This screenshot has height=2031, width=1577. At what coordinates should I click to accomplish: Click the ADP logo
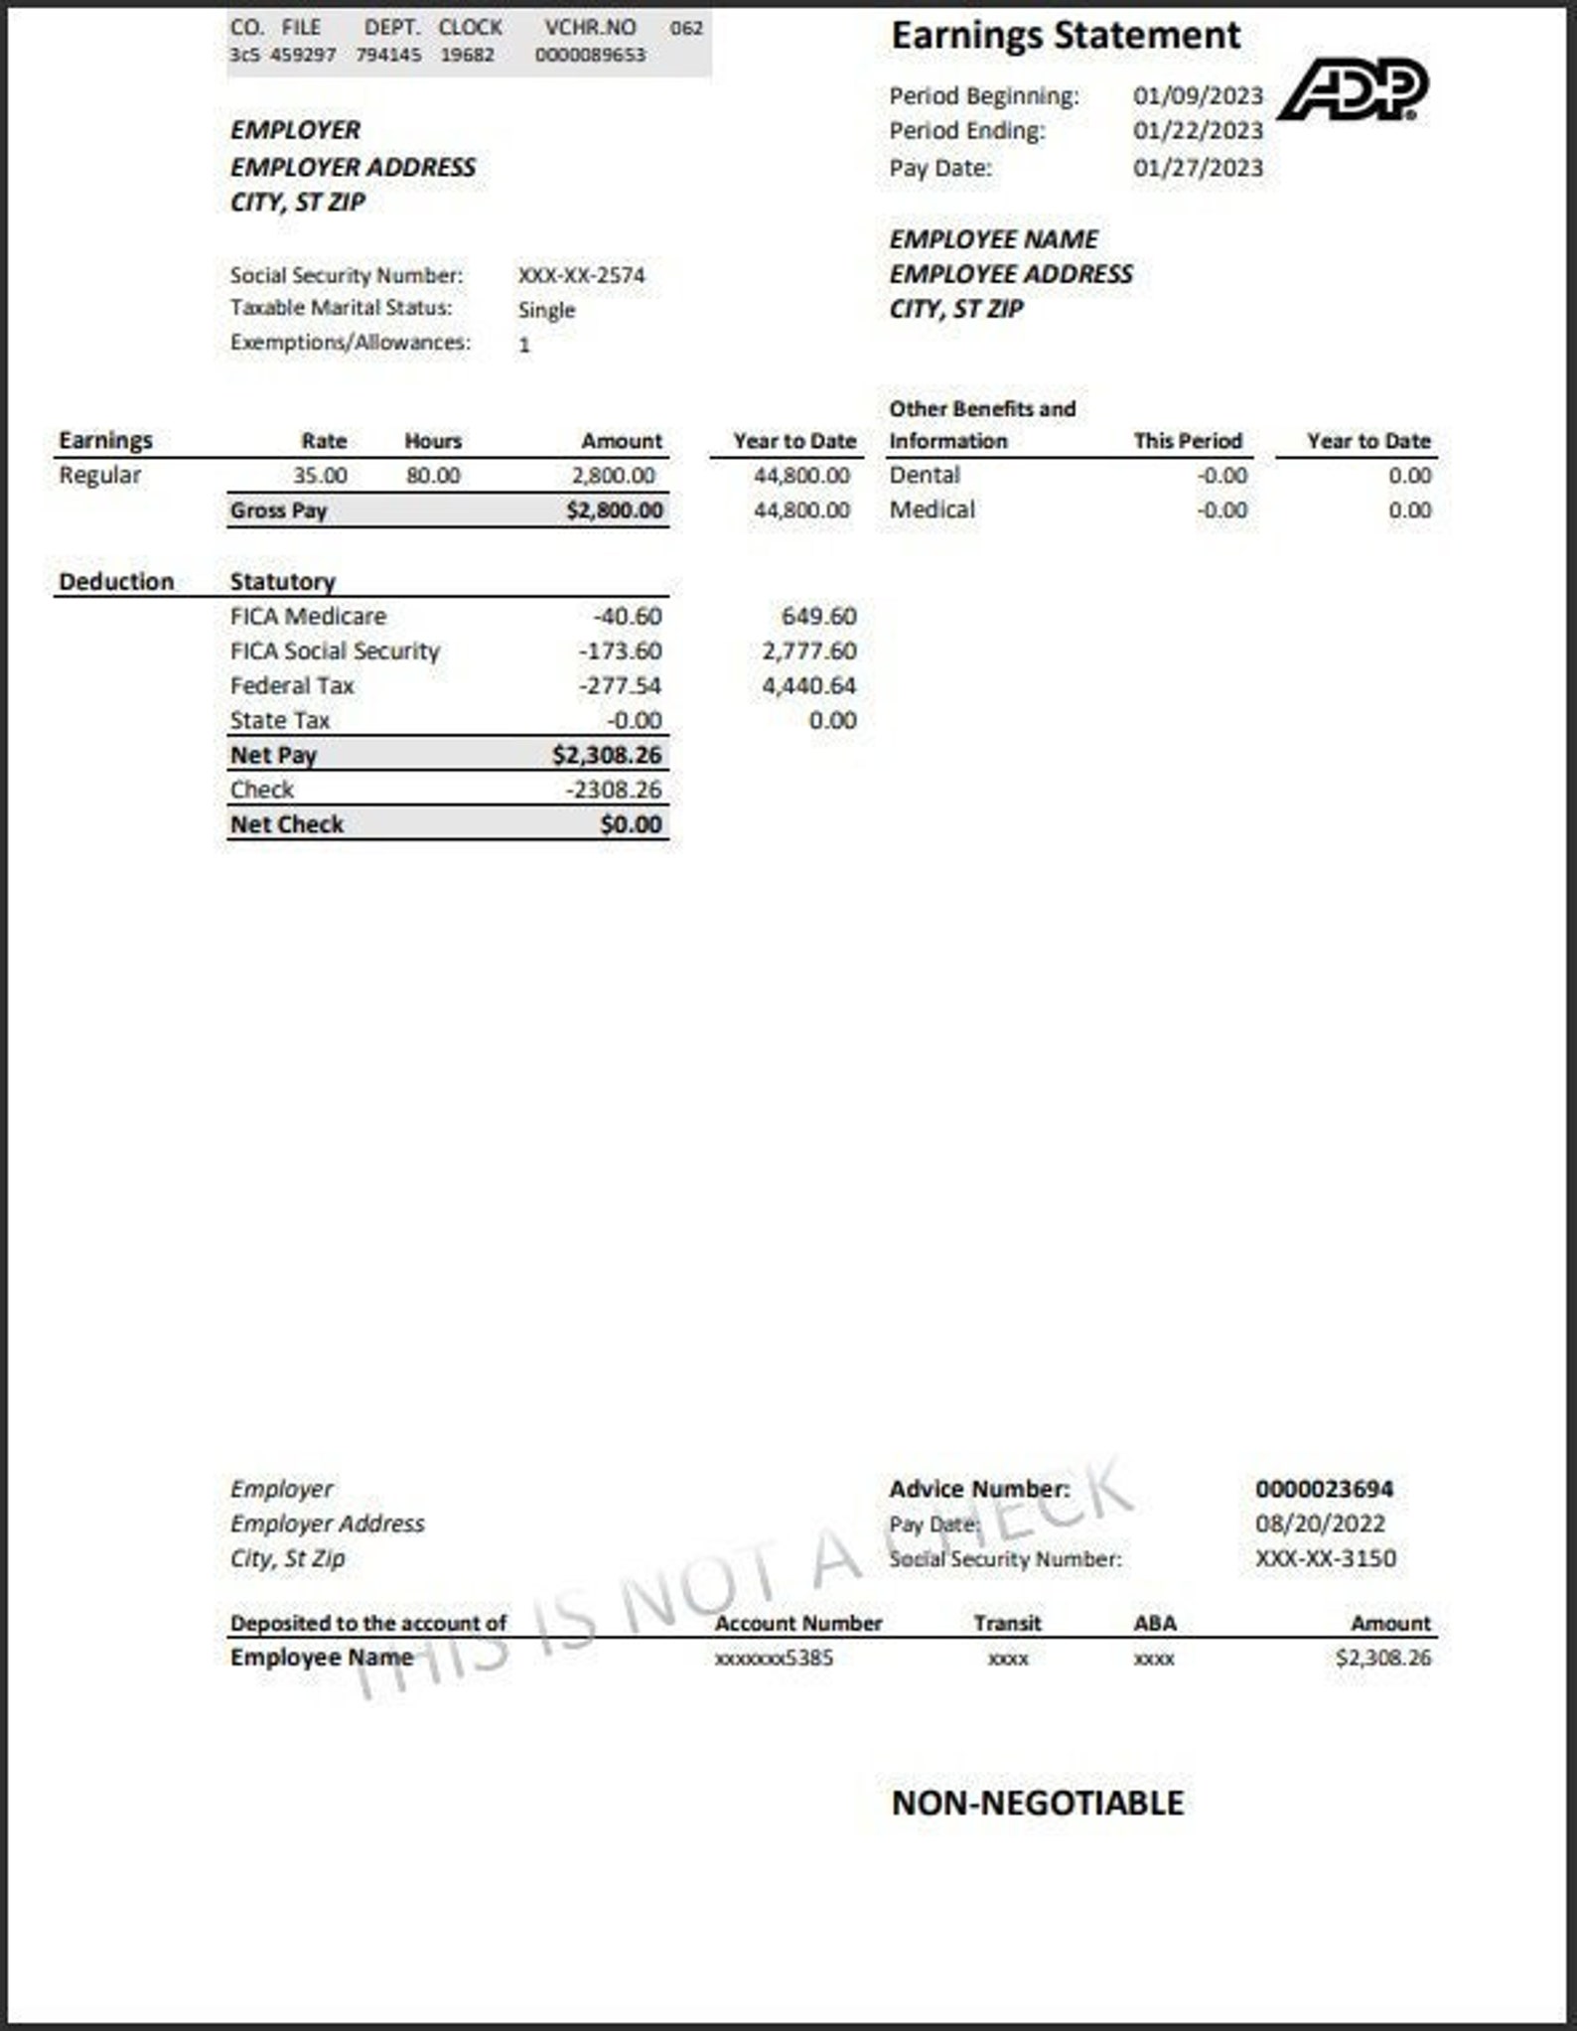[x=1353, y=89]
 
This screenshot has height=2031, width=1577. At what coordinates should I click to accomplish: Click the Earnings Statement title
[x=1065, y=36]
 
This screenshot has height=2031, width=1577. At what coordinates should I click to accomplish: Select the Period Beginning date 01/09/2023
[x=1198, y=96]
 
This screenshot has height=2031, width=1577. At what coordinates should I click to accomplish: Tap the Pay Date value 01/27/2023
[x=1198, y=168]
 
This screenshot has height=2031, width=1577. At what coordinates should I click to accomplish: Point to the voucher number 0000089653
[x=590, y=55]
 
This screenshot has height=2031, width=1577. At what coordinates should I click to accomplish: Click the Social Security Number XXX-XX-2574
[x=581, y=275]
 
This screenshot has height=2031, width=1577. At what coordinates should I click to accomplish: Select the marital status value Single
[x=546, y=310]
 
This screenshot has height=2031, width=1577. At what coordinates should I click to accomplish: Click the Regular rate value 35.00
[x=320, y=476]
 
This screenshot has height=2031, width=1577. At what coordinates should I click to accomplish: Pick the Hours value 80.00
[x=433, y=476]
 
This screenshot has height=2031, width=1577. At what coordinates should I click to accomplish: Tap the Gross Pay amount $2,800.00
[x=615, y=510]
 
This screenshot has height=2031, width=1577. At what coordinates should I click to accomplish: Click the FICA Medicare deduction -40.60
[x=627, y=617]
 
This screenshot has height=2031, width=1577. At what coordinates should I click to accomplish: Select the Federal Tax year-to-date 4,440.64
[x=808, y=686]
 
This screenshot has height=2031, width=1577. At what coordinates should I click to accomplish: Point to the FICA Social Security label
[x=335, y=652]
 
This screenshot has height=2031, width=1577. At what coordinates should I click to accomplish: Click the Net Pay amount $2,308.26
[x=607, y=756]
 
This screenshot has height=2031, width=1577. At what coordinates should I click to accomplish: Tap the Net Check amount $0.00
[x=631, y=825]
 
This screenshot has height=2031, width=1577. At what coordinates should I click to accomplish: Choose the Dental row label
[x=925, y=476]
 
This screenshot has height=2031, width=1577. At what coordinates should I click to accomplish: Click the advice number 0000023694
[x=1324, y=1489]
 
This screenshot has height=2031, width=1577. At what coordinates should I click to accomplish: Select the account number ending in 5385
[x=774, y=1658]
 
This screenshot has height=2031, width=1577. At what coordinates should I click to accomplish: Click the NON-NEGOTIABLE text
[x=1037, y=1803]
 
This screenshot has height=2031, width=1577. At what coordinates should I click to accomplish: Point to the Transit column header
[x=1007, y=1623]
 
